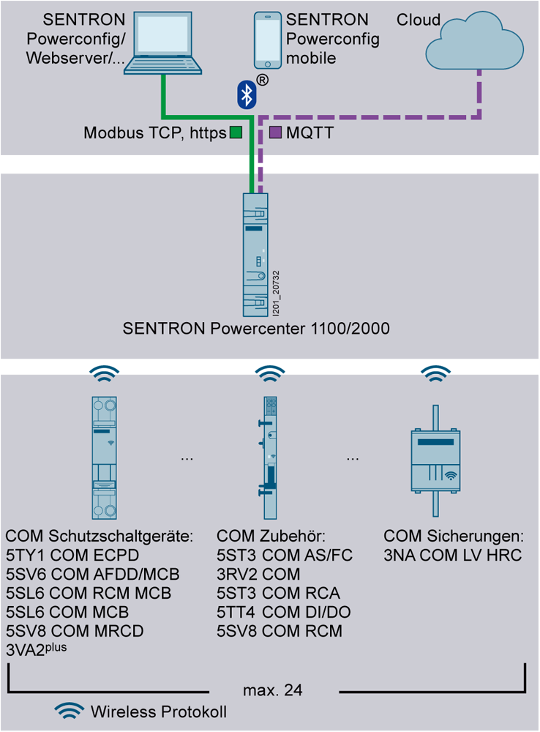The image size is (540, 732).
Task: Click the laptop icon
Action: click(x=163, y=42)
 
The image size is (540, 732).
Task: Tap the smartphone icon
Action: click(x=268, y=40)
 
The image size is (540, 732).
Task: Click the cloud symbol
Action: click(x=474, y=41)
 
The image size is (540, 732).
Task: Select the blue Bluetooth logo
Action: click(x=247, y=94)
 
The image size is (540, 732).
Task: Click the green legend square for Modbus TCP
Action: click(x=236, y=132)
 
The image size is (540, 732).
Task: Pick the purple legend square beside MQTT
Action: click(x=275, y=132)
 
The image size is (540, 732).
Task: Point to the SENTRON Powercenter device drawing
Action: click(x=256, y=255)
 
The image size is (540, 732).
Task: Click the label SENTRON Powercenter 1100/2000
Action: click(x=256, y=329)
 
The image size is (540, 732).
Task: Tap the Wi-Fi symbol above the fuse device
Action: click(x=435, y=373)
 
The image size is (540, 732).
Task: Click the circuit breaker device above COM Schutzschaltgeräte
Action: click(x=104, y=457)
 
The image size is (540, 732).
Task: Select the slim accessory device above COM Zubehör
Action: click(x=269, y=457)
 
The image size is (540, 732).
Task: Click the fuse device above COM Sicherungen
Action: click(x=435, y=460)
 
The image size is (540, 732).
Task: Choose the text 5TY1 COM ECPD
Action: click(x=72, y=555)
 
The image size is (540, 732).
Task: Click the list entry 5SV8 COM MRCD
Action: click(x=75, y=631)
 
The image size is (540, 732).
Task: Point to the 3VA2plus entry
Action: click(x=37, y=649)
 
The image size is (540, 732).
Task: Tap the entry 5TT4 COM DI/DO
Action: click(x=284, y=612)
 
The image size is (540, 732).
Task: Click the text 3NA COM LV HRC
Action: click(x=453, y=555)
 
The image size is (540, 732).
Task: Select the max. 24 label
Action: click(x=273, y=690)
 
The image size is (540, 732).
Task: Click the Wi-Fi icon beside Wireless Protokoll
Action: click(x=69, y=711)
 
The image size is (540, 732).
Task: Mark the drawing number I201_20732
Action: click(x=276, y=293)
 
